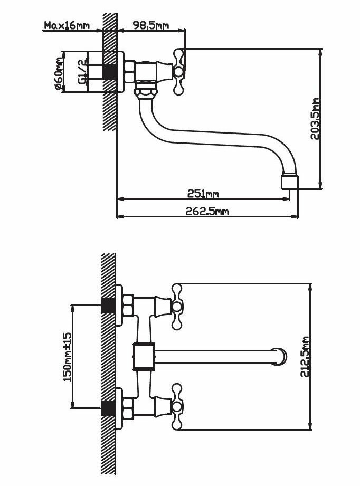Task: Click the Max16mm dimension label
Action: pyautogui.click(x=67, y=25)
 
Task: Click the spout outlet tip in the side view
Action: pyautogui.click(x=290, y=182)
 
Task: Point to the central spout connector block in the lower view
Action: pyautogui.click(x=143, y=357)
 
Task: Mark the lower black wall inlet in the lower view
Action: pyautogui.click(x=109, y=408)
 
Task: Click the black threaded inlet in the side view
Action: pyautogui.click(x=109, y=71)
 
